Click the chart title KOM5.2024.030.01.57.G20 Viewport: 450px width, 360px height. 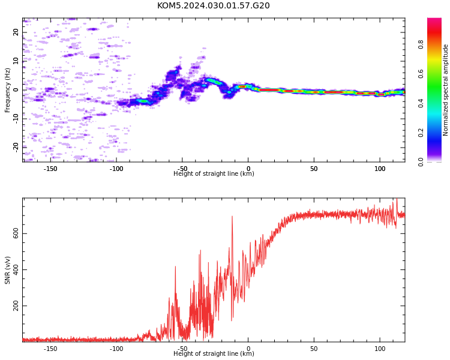pyautogui.click(x=213, y=5)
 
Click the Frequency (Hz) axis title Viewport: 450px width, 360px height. pyautogui.click(x=7, y=90)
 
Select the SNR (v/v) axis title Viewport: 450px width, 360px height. pyautogui.click(x=7, y=270)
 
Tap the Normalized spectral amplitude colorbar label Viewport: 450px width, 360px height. pyautogui.click(x=445, y=90)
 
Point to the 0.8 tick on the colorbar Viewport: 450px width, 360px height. pyautogui.click(x=421, y=44)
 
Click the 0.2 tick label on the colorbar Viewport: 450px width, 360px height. pyautogui.click(x=421, y=133)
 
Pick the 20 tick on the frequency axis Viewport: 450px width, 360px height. pyautogui.click(x=16, y=32)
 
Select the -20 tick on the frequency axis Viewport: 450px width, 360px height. pyautogui.click(x=16, y=148)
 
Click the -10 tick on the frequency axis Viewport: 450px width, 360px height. pyautogui.click(x=16, y=119)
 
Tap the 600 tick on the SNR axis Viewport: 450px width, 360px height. pyautogui.click(x=16, y=233)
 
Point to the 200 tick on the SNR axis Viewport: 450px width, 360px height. pyautogui.click(x=16, y=306)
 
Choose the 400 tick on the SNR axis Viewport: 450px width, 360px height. pyautogui.click(x=16, y=270)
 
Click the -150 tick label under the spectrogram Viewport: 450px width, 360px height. pyautogui.click(x=50, y=169)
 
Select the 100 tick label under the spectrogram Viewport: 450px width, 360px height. pyautogui.click(x=380, y=169)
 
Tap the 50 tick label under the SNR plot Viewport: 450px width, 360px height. pyautogui.click(x=314, y=349)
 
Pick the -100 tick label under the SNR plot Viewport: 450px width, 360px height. pyautogui.click(x=116, y=349)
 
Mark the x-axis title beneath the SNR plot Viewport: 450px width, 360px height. pyautogui.click(x=214, y=353)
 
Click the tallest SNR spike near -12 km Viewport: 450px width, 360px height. pyautogui.click(x=232, y=216)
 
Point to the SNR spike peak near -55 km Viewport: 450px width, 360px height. pyautogui.click(x=175, y=266)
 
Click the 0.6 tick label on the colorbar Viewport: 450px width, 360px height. pyautogui.click(x=421, y=74)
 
